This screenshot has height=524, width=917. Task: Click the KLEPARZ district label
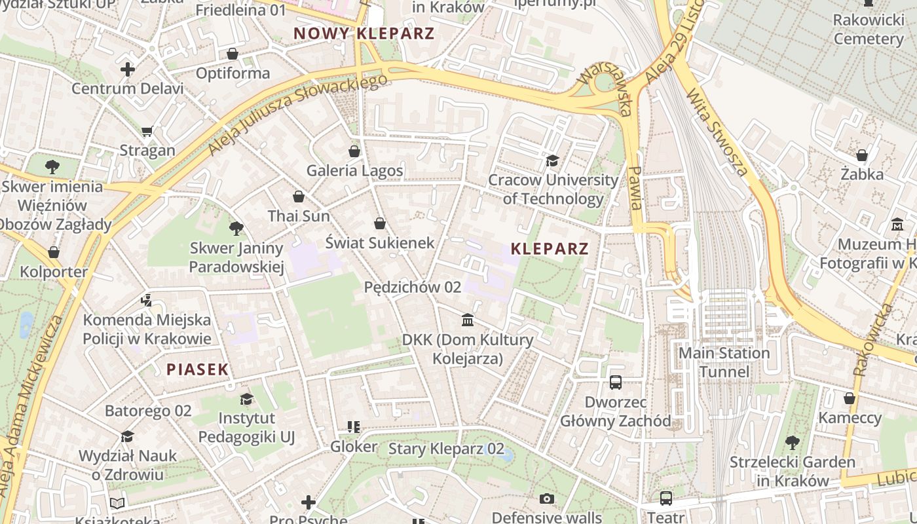click(549, 249)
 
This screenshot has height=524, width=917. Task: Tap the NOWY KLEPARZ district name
click(364, 33)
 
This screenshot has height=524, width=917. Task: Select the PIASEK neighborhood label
click(197, 369)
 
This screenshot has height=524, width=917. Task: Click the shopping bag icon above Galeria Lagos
click(354, 151)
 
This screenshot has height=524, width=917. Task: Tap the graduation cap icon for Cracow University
click(552, 160)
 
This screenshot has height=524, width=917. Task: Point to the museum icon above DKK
click(468, 320)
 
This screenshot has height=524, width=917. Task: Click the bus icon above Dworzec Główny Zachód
click(616, 383)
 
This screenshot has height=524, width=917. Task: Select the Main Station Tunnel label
click(724, 362)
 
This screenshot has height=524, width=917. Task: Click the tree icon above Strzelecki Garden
click(793, 443)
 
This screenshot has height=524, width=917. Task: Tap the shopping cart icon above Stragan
click(147, 132)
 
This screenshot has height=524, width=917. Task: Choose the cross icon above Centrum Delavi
click(128, 69)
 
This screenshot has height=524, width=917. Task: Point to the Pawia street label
click(634, 187)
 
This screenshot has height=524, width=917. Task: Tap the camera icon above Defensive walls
click(547, 499)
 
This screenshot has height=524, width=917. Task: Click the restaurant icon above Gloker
click(354, 428)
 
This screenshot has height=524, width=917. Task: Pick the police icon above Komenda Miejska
click(147, 301)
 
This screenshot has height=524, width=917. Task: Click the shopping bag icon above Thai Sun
click(299, 196)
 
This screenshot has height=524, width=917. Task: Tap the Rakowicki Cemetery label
click(869, 29)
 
